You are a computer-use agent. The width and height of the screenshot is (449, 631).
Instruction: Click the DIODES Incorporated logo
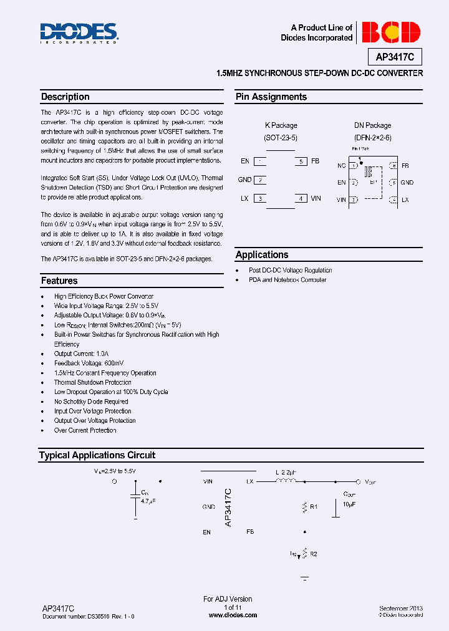click(79, 33)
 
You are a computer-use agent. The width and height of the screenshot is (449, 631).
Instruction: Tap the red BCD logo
click(391, 32)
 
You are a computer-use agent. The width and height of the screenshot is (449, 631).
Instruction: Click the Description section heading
click(65, 97)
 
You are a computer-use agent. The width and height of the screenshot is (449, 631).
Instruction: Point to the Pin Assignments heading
click(271, 97)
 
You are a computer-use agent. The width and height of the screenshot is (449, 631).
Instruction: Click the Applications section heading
click(262, 255)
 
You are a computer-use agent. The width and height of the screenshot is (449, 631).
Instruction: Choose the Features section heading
click(59, 281)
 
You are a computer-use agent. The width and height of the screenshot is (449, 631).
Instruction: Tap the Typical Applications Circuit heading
click(97, 456)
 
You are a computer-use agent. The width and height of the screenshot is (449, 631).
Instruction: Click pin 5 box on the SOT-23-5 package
click(301, 161)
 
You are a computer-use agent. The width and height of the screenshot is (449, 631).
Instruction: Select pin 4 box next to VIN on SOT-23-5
click(301, 199)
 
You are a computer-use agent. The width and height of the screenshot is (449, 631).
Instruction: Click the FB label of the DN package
click(405, 166)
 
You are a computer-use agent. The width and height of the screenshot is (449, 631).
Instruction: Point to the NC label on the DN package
click(341, 166)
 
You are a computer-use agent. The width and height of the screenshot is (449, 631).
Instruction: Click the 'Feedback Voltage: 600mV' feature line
click(89, 364)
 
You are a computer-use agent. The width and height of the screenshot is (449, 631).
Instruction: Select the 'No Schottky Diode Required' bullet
click(91, 402)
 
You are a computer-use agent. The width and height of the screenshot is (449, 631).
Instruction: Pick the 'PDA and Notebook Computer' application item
click(287, 280)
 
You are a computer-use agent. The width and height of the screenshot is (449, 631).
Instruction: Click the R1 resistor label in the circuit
click(314, 507)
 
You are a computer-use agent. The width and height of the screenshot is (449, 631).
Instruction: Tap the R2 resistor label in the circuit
click(314, 554)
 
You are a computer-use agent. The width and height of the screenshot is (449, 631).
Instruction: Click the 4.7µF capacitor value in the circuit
click(147, 501)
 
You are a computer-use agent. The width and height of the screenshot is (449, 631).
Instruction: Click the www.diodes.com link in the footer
click(233, 615)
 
